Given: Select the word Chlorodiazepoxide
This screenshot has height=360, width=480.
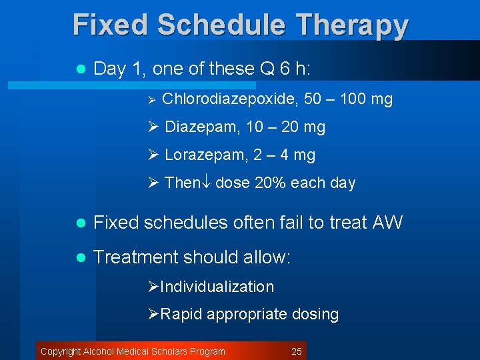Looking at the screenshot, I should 230,99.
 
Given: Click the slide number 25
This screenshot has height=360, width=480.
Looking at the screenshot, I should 297,351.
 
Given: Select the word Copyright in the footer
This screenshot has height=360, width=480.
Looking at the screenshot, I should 60,351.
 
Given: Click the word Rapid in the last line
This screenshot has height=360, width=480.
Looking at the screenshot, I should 181,315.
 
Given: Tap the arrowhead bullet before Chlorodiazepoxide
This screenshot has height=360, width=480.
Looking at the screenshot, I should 151,100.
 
